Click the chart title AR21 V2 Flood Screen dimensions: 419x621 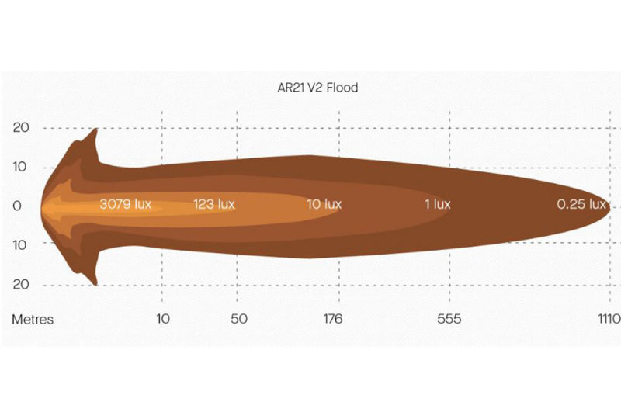tap(317, 88)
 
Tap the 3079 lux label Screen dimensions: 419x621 tap(125, 205)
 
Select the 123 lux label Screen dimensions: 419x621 tap(213, 205)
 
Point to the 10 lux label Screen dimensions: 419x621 tap(324, 205)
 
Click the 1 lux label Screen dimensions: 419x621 tap(437, 205)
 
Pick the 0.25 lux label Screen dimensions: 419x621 tap(581, 205)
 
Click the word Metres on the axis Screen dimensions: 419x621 tap(33, 320)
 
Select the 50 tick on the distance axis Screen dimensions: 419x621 tap(239, 319)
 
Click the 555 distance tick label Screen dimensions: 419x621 tap(449, 319)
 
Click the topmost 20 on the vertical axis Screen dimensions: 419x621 tap(21, 128)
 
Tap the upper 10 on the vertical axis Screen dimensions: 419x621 tap(21, 167)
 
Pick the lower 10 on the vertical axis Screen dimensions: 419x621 tap(21, 244)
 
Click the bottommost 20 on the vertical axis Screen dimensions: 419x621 tap(21, 284)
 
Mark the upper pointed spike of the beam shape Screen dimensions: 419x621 tap(95, 130)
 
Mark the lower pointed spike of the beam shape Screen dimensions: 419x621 tap(95, 283)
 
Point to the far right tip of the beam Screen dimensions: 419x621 tap(609, 207)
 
